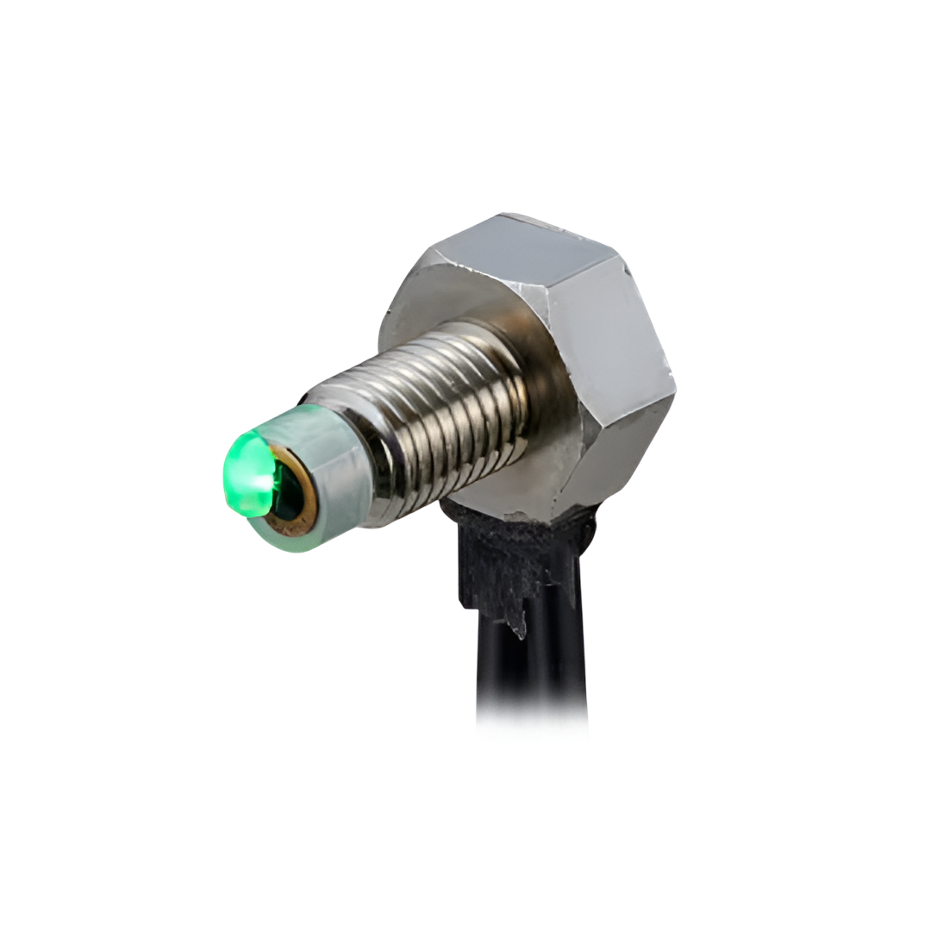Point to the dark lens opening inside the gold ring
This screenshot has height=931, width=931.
[x=290, y=491]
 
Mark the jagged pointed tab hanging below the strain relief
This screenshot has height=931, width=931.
[x=517, y=625]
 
